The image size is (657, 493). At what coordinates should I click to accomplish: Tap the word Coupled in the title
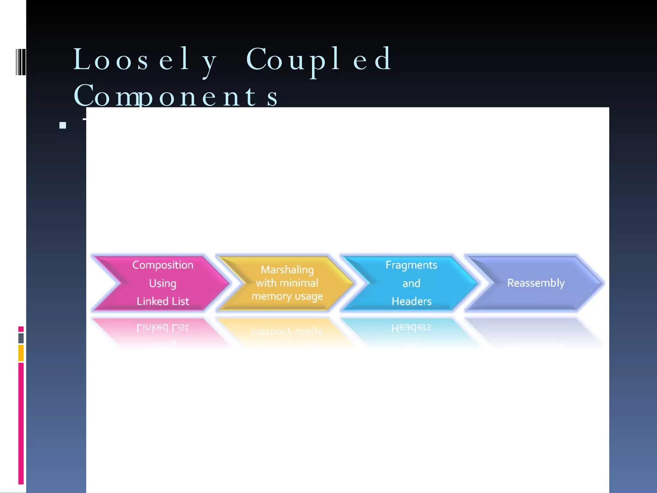click(x=319, y=60)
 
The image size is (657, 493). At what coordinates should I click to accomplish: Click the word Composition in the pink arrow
click(x=163, y=265)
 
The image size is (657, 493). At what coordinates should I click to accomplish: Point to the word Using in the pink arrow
click(x=163, y=283)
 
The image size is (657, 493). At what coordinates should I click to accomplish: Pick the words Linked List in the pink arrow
click(x=163, y=301)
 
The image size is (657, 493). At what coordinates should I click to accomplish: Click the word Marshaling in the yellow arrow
click(x=287, y=270)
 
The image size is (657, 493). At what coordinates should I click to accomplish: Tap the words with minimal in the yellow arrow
click(x=287, y=283)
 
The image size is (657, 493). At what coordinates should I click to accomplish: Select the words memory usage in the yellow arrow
click(x=287, y=296)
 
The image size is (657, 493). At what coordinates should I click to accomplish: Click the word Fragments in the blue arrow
click(x=411, y=265)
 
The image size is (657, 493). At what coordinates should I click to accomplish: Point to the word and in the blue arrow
click(x=411, y=283)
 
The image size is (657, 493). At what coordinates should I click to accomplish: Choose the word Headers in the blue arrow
click(x=411, y=301)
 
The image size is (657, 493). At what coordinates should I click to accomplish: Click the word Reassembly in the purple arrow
click(x=536, y=283)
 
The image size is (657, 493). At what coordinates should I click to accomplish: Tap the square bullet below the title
click(x=63, y=125)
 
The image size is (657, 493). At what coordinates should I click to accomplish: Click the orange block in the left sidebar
click(x=21, y=353)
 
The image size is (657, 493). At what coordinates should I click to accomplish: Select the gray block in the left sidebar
click(x=21, y=338)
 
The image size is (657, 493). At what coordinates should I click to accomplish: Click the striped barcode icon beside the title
click(x=21, y=62)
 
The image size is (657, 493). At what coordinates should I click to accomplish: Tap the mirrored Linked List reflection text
click(x=163, y=328)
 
